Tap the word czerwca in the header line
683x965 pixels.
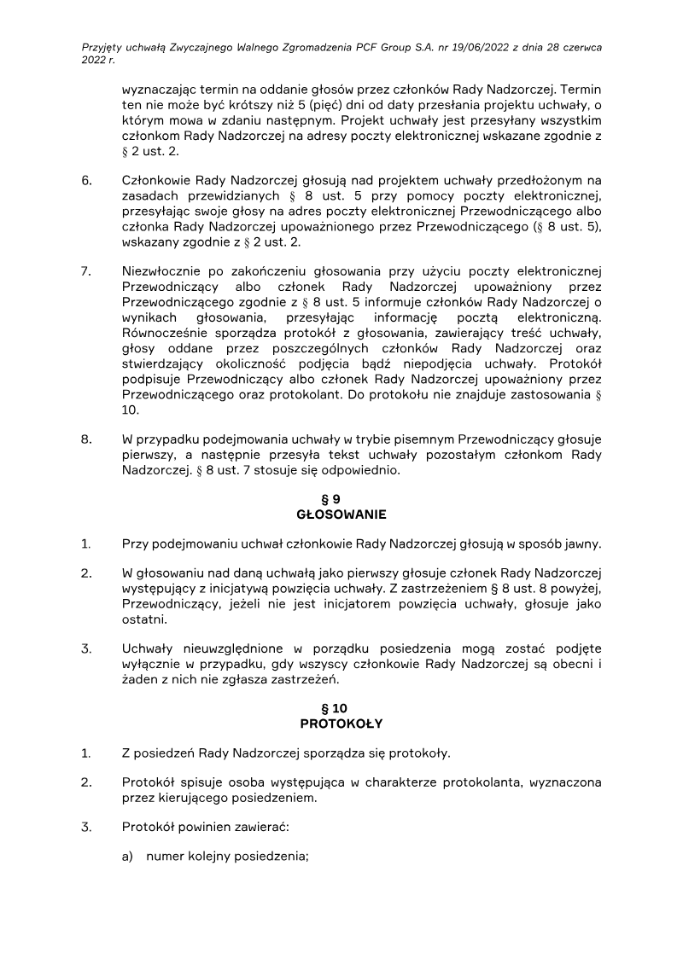pos(580,48)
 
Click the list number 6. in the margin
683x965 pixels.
pos(86,179)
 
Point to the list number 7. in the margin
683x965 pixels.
pos(86,271)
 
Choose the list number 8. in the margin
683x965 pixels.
pos(86,439)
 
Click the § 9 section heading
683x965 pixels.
pos(341,499)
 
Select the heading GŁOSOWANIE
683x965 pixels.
pos(341,514)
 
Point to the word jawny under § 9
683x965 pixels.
pos(577,543)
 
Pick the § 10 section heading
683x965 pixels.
pos(341,708)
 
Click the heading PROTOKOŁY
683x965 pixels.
pos(341,724)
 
